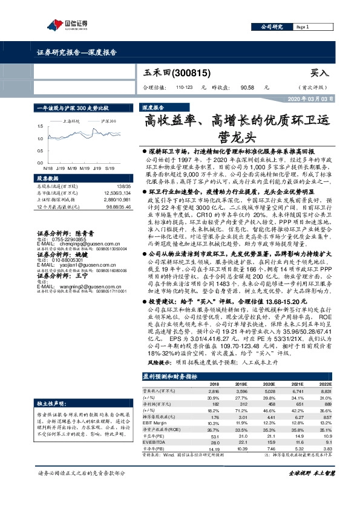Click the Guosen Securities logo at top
[x=68, y=24]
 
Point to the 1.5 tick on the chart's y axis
[x=40, y=126]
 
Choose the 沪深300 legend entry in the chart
[x=108, y=122]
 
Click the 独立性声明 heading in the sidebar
[x=51, y=402]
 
